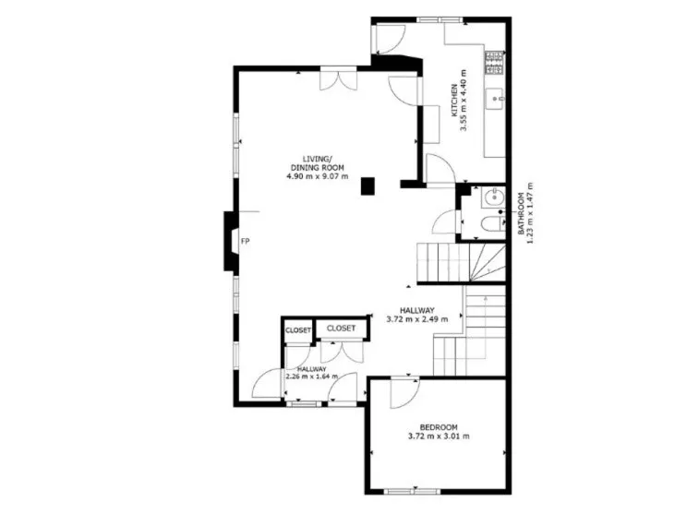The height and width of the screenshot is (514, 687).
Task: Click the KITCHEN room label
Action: (x=455, y=101)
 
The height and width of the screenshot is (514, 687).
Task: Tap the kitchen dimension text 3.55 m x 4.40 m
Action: (x=464, y=101)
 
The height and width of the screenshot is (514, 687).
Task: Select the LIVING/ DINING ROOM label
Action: (x=318, y=162)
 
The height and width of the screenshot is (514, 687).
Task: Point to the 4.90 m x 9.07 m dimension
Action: (x=318, y=176)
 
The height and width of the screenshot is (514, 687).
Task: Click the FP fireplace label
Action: (x=246, y=241)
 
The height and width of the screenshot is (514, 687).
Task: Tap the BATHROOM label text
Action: (x=521, y=214)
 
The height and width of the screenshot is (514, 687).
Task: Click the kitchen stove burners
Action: (x=495, y=63)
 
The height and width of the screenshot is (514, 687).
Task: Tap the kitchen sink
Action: (x=495, y=99)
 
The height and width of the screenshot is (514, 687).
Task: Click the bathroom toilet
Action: (x=491, y=224)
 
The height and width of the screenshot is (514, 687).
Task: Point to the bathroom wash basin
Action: (x=493, y=197)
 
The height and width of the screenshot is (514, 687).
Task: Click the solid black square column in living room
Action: (x=368, y=185)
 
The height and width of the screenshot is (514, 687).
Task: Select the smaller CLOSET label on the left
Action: (x=298, y=330)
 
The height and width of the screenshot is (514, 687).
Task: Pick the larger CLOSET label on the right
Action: (x=341, y=328)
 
